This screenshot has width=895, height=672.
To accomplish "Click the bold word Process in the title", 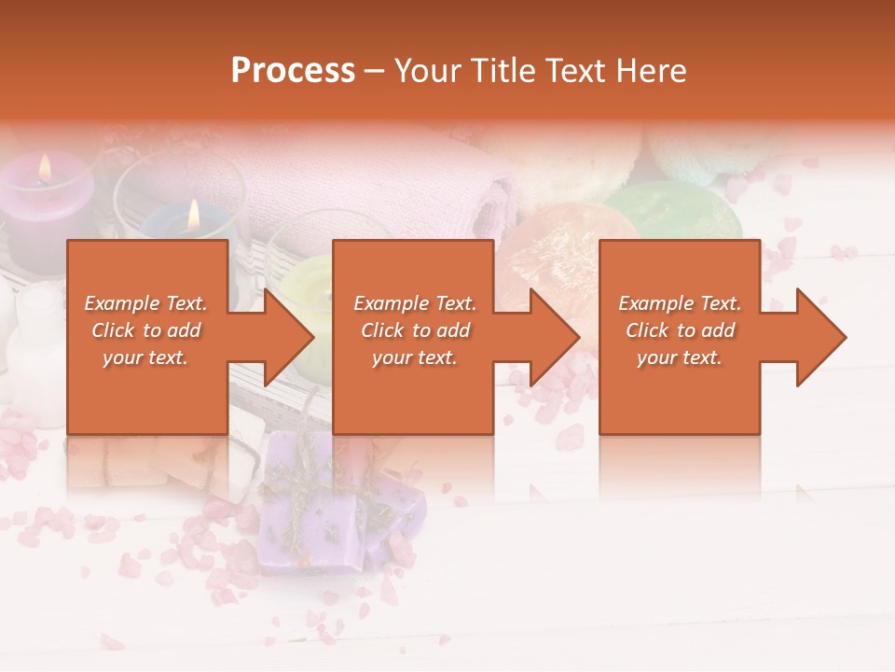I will click(x=293, y=70).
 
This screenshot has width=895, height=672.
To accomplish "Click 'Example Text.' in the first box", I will click(x=145, y=303).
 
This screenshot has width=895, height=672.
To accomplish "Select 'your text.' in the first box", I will click(x=145, y=357).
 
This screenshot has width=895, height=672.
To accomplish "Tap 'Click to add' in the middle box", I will click(x=414, y=330).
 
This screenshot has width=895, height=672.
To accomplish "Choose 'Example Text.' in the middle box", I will click(x=414, y=303).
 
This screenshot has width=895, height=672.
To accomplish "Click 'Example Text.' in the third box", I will click(x=679, y=303).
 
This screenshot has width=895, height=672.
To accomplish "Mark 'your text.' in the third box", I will click(x=679, y=357).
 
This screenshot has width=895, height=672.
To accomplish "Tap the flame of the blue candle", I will click(x=194, y=215).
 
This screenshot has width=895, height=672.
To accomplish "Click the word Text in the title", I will click(x=576, y=70).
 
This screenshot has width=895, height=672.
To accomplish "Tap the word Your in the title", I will click(x=428, y=70).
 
